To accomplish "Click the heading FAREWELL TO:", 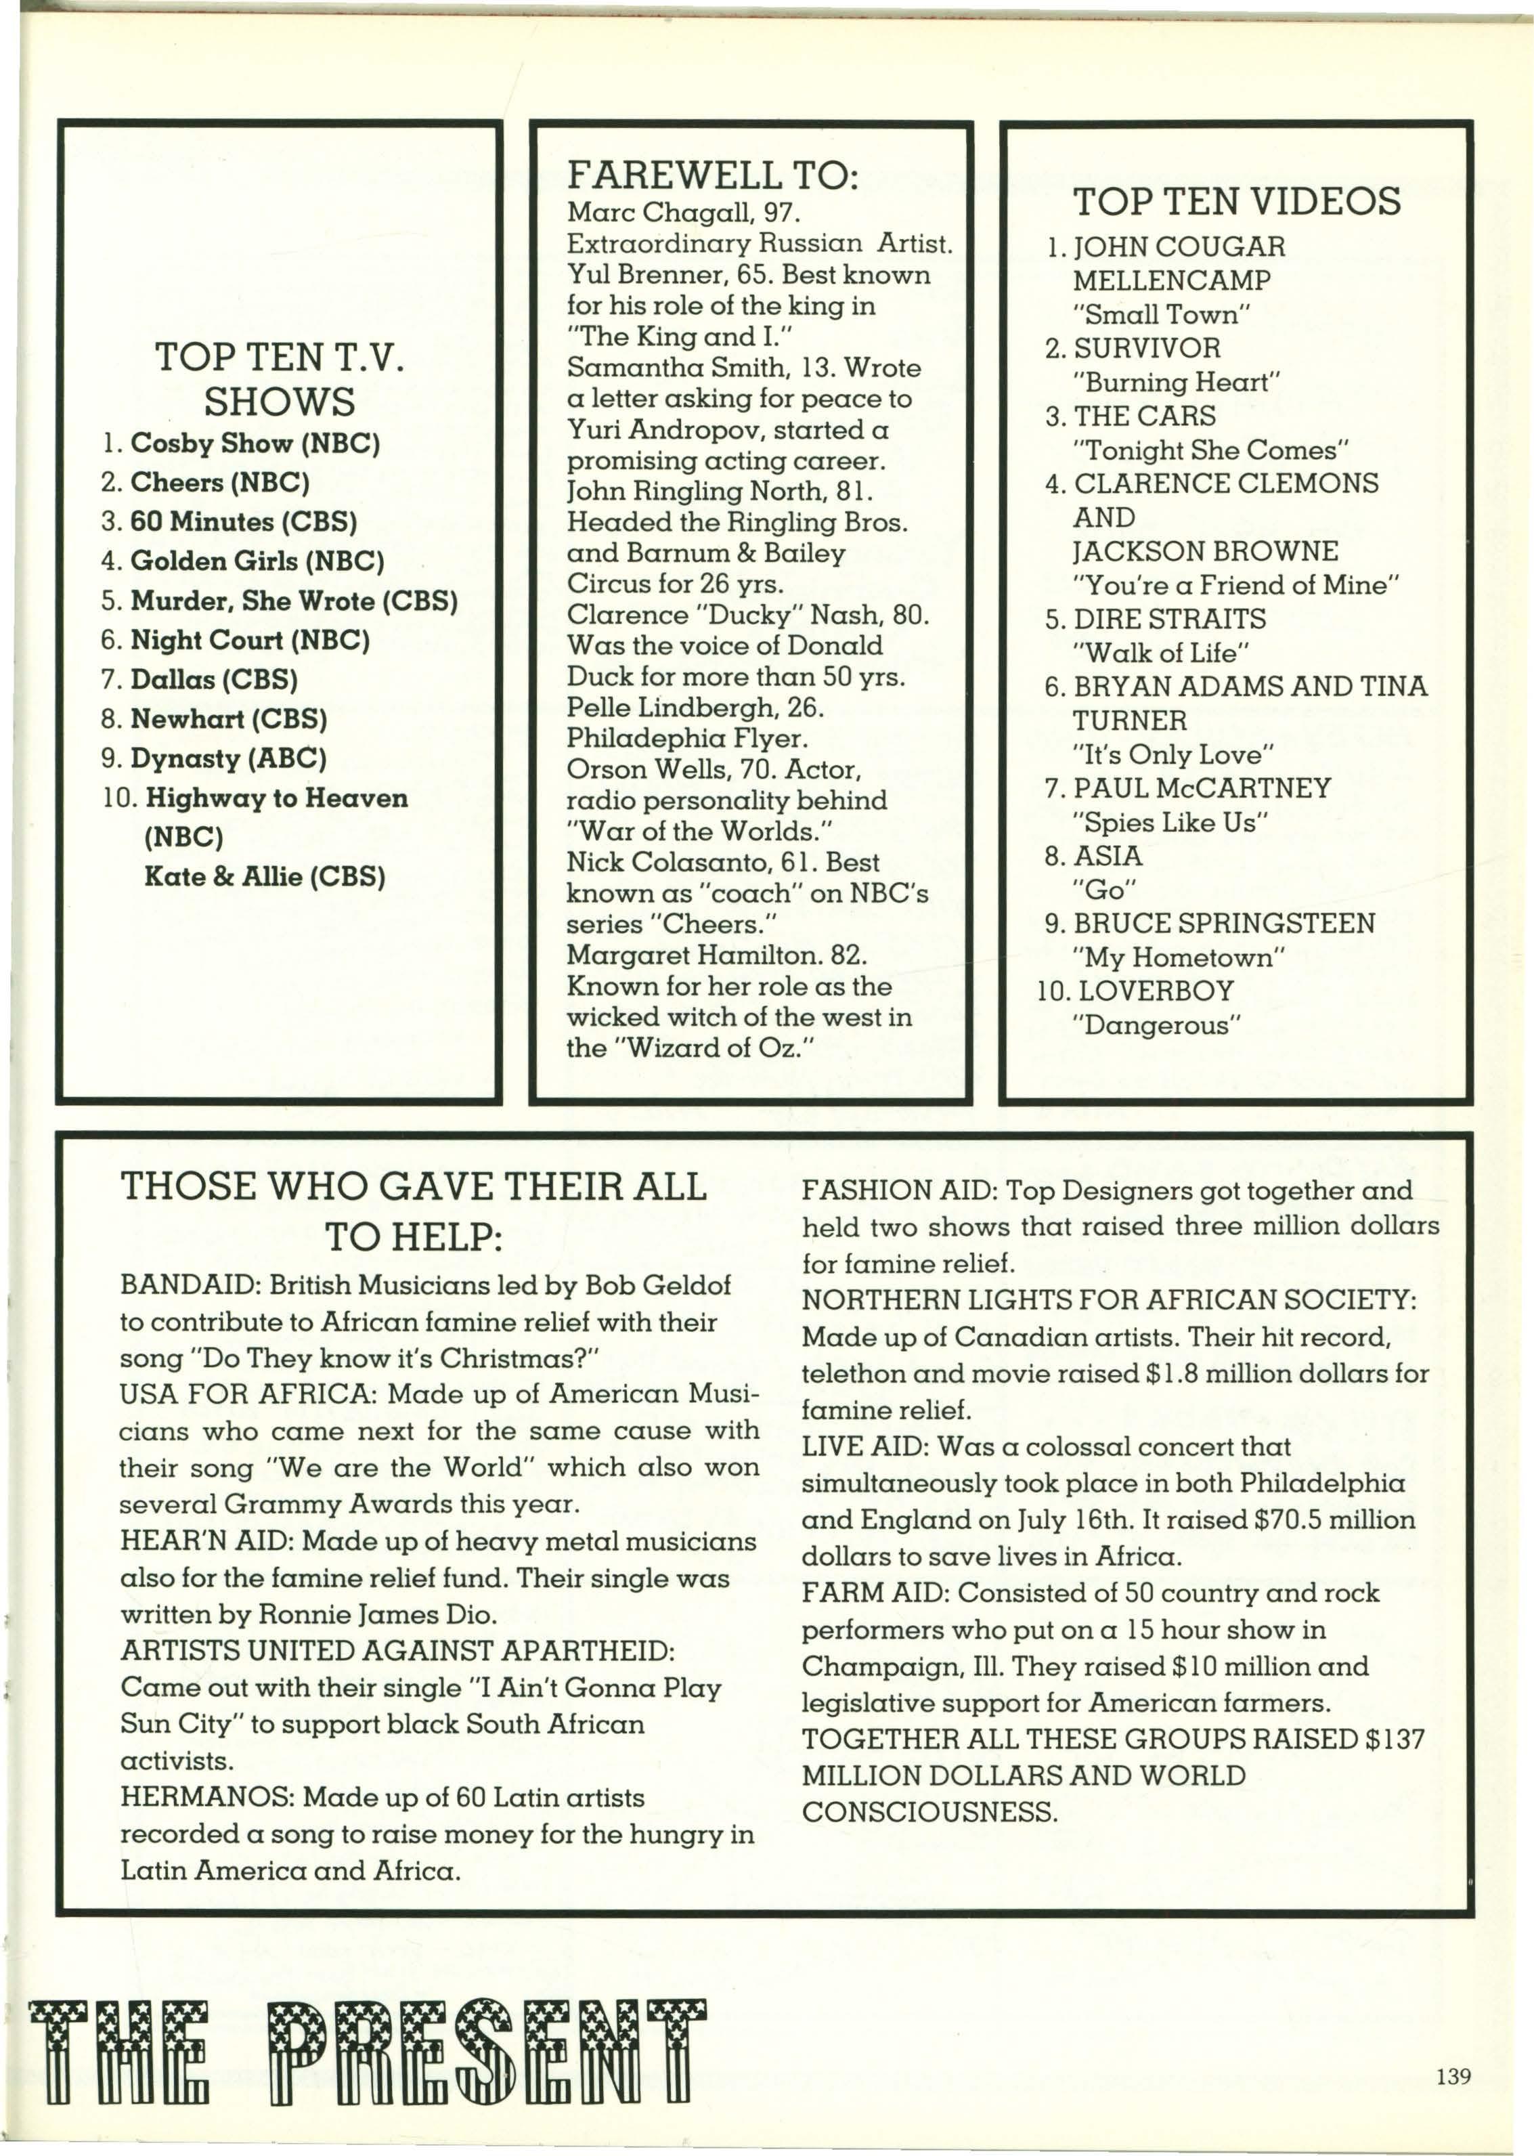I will click(x=712, y=176).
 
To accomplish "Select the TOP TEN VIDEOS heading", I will click(x=1236, y=201).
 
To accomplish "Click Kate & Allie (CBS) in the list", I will click(x=265, y=877).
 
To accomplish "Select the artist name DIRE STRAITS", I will click(x=1169, y=619).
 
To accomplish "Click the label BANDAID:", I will click(x=190, y=1285).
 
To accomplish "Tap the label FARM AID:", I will click(x=875, y=1593).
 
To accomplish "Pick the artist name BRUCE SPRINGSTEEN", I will click(x=1224, y=923).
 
